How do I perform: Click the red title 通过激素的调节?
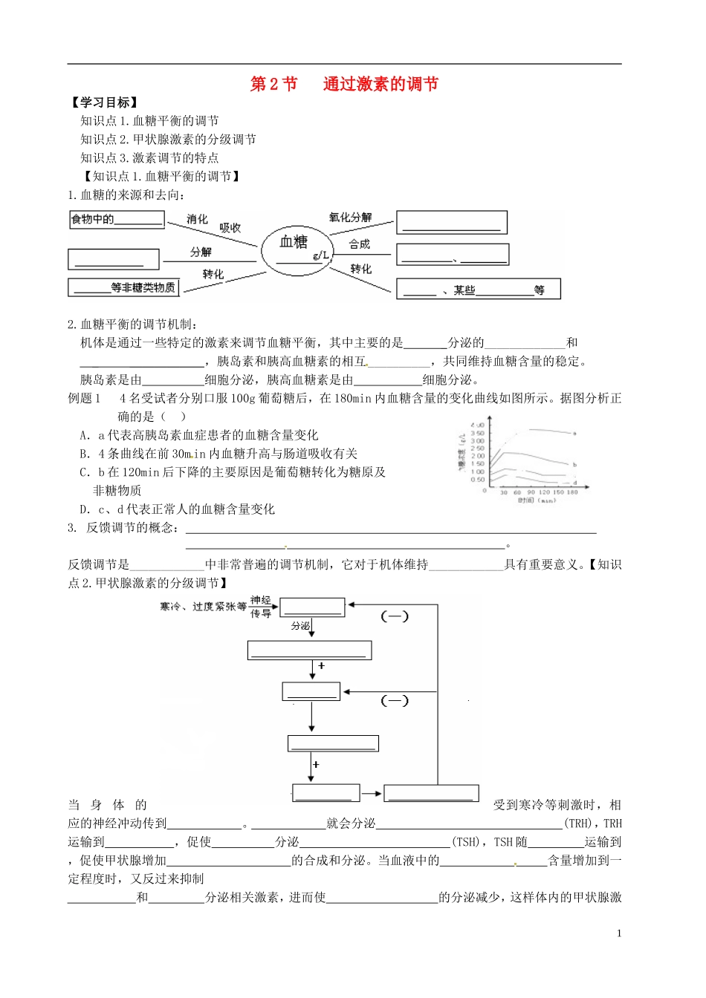point(380,84)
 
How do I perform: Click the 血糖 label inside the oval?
point(294,241)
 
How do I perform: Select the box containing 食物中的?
point(117,220)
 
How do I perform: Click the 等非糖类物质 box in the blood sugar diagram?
point(124,287)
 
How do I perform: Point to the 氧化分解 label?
point(350,218)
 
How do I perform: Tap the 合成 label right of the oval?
point(360,244)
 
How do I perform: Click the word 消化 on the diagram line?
point(197,219)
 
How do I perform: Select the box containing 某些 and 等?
point(478,290)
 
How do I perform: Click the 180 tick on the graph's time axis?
point(572,492)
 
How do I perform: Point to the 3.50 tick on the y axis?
point(477,433)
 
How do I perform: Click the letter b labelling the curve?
point(574,465)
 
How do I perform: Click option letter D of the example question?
point(85,509)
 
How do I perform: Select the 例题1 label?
point(84,399)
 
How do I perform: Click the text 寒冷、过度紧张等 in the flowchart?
point(203,607)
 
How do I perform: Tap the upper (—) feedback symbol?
point(395,616)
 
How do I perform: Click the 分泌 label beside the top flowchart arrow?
point(300,626)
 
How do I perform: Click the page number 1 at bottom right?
point(619,933)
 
